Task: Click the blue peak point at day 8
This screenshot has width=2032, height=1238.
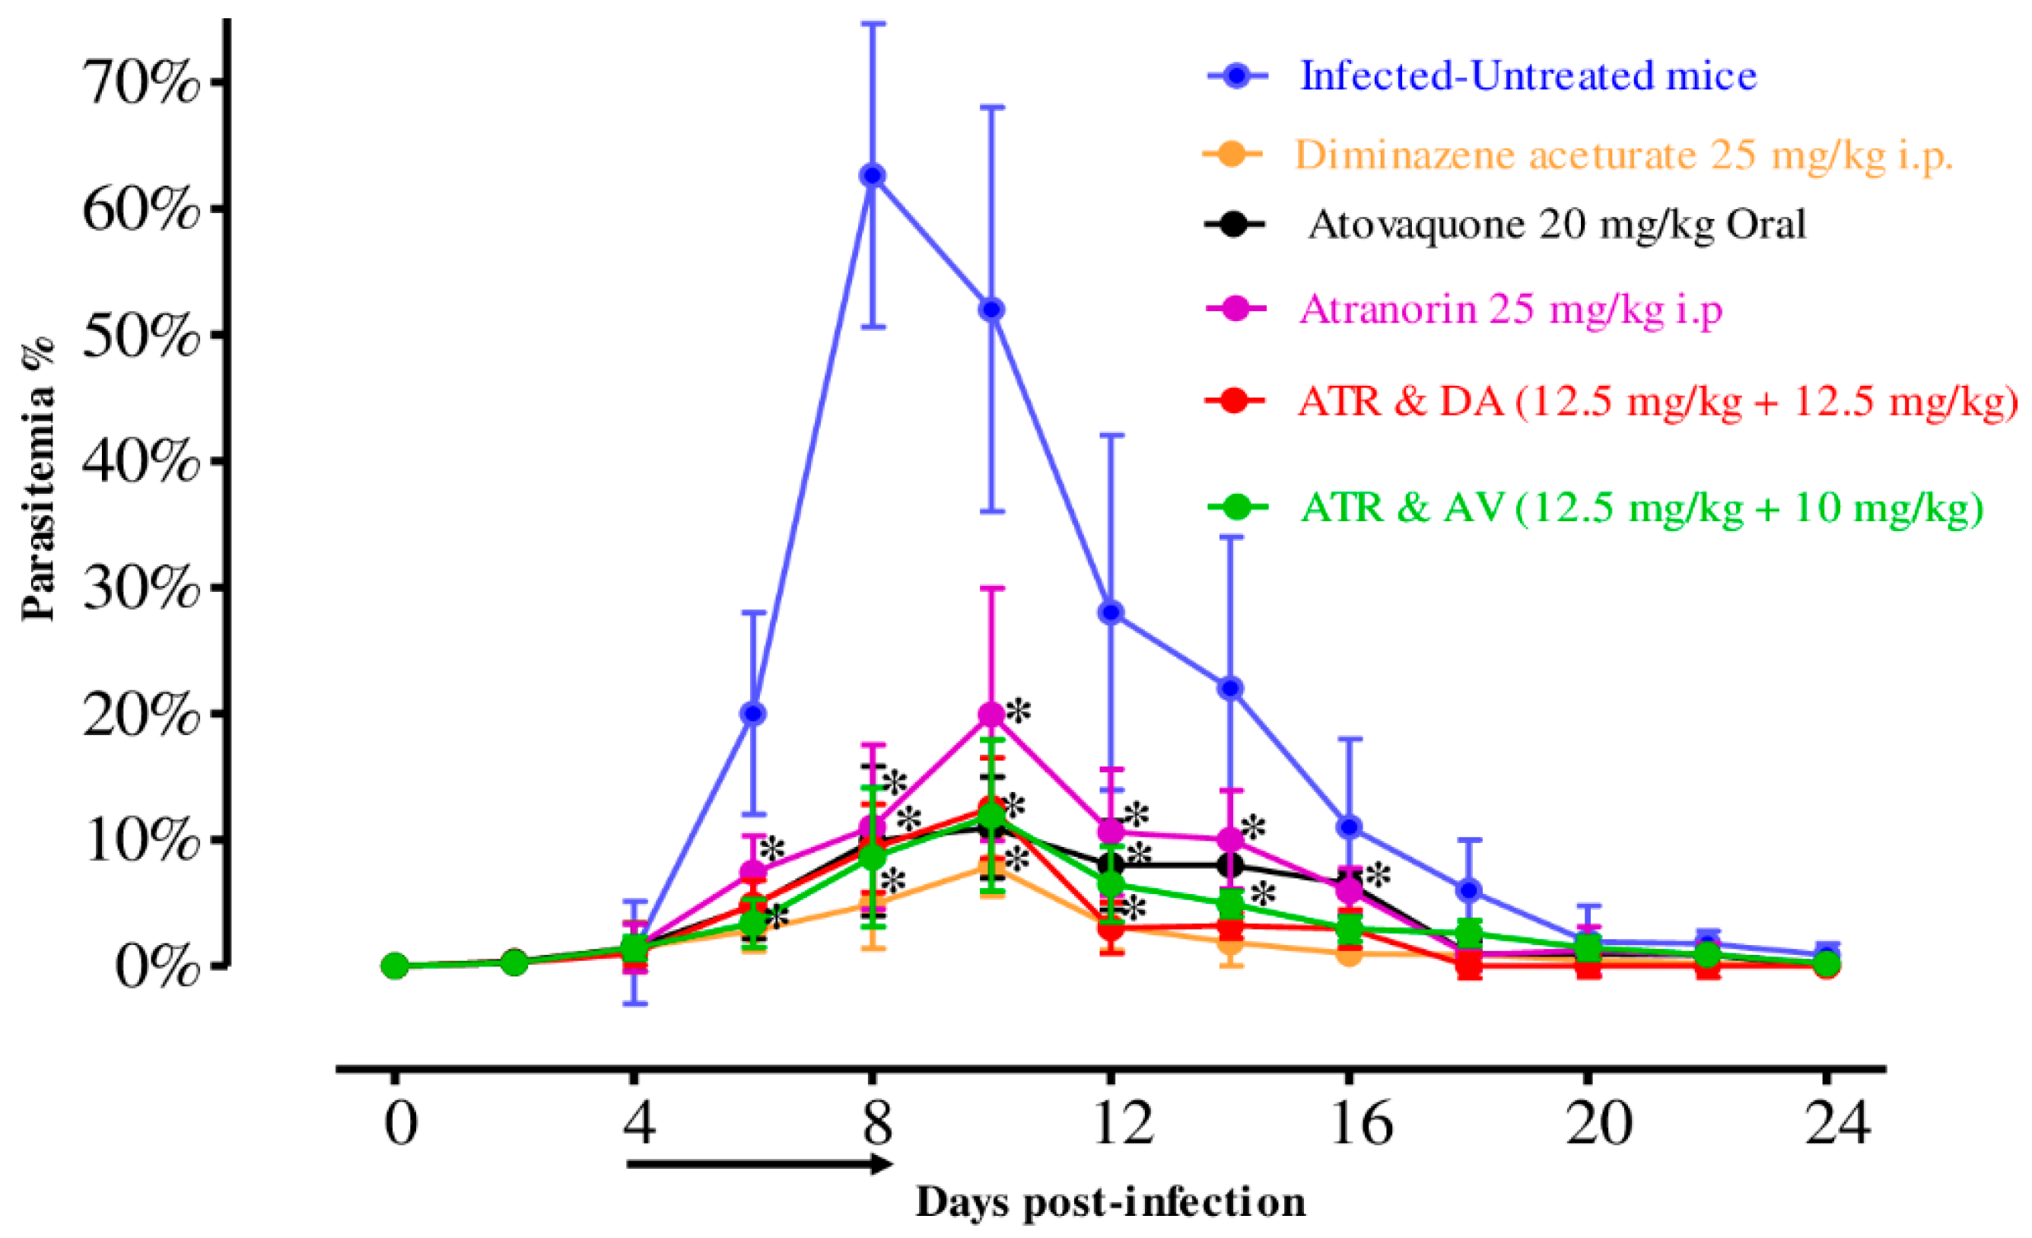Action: tap(873, 176)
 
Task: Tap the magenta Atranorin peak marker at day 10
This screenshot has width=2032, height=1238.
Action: tap(992, 714)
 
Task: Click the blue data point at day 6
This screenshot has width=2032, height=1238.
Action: tap(753, 714)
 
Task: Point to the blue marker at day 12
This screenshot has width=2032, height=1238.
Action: tap(1111, 613)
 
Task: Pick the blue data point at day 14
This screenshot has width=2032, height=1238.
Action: tap(1230, 688)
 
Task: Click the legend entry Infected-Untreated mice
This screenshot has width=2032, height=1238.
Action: tap(1528, 76)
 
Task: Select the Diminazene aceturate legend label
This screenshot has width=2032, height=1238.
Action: tap(1623, 154)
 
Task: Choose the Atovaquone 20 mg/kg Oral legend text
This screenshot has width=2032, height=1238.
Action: tap(1557, 224)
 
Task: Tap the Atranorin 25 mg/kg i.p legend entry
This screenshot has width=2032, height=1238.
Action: tap(1511, 310)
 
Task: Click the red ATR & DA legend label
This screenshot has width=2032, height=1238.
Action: tap(1656, 402)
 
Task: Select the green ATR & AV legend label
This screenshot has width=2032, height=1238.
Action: tap(1641, 508)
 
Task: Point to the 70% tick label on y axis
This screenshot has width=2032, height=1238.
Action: tap(140, 82)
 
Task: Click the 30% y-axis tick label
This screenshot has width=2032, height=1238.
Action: tap(140, 588)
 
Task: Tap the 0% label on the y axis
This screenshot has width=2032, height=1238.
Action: tap(157, 966)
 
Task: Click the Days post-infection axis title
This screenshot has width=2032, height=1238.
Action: tap(1111, 1201)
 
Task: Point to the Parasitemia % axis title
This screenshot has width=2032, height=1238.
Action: tap(38, 479)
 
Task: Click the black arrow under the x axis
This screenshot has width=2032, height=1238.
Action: tap(759, 1163)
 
